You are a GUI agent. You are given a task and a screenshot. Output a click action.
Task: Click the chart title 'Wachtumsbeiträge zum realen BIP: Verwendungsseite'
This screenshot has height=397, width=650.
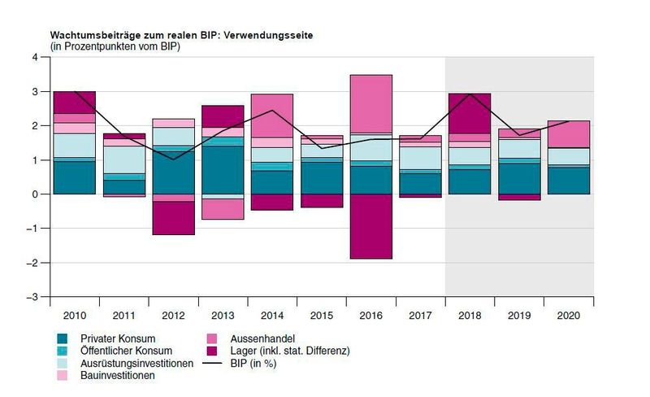pyautogui.click(x=181, y=35)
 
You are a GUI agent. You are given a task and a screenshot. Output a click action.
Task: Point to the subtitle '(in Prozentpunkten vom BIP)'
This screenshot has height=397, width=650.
pyautogui.click(x=115, y=46)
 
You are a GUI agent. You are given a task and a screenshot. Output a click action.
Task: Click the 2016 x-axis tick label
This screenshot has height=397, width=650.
pyautogui.click(x=371, y=316)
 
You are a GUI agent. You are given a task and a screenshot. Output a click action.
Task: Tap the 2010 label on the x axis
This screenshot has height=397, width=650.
pyautogui.click(x=75, y=316)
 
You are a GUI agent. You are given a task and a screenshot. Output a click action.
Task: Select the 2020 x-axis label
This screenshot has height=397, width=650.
pyautogui.click(x=569, y=316)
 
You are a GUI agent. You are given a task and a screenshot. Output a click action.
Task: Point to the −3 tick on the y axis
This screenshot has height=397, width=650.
pyautogui.click(x=32, y=297)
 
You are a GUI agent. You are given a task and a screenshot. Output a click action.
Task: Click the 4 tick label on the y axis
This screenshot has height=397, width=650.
pyautogui.click(x=35, y=57)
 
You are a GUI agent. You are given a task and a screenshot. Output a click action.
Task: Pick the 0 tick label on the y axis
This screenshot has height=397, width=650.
pyautogui.click(x=35, y=194)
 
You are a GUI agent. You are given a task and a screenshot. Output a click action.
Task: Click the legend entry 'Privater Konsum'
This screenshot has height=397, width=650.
pyautogui.click(x=118, y=339)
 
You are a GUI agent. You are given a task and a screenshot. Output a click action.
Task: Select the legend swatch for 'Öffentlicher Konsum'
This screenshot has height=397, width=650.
pyautogui.click(x=63, y=351)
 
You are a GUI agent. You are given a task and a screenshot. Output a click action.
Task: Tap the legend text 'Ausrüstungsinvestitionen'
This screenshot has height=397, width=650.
pyautogui.click(x=136, y=364)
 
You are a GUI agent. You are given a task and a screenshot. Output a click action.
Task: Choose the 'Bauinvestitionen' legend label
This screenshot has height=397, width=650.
pyautogui.click(x=118, y=375)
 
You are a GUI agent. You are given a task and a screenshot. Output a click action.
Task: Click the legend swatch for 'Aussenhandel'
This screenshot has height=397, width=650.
pyautogui.click(x=212, y=339)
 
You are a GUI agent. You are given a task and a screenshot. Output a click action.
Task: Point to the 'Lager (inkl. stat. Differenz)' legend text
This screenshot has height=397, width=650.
pyautogui.click(x=290, y=351)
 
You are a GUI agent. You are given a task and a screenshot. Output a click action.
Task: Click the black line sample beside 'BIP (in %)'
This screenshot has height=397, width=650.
pyautogui.click(x=212, y=364)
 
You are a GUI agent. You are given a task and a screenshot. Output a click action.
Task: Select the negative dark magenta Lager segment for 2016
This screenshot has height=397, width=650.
pyautogui.click(x=371, y=226)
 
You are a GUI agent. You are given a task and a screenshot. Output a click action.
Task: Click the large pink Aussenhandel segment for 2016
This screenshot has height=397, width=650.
pyautogui.click(x=371, y=104)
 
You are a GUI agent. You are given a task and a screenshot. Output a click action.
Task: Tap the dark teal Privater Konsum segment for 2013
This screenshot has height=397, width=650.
pyautogui.click(x=223, y=170)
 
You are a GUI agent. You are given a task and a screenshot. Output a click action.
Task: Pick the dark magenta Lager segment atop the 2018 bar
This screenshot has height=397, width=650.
pyautogui.click(x=470, y=114)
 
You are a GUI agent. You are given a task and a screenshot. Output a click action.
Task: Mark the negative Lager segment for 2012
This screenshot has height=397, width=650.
pyautogui.click(x=174, y=218)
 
